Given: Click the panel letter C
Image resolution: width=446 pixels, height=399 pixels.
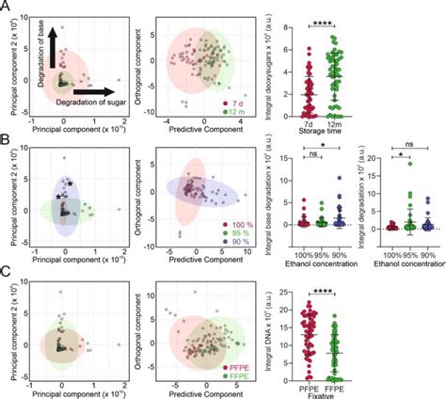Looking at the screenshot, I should [x=7, y=273].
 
